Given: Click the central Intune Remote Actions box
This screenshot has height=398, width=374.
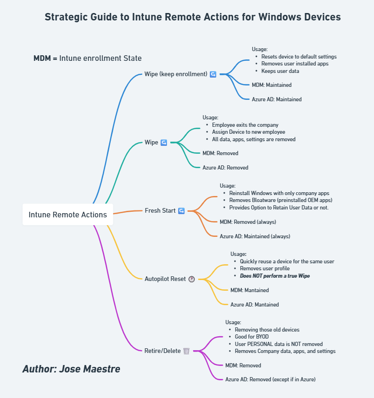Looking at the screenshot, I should coord(68,215).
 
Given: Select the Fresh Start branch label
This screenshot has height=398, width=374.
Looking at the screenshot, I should coord(160,210).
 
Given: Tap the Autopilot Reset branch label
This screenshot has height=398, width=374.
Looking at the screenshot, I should coord(165,279).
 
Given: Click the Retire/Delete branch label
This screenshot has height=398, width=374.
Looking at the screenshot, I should coord(162,351).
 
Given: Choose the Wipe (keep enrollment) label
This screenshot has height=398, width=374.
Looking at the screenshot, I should coord(176,74).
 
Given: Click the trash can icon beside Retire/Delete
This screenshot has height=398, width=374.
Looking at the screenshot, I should coord(187,351).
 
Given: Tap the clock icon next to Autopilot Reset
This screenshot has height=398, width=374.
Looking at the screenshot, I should coord(191,279).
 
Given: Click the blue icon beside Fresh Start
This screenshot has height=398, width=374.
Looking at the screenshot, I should coord(181,211).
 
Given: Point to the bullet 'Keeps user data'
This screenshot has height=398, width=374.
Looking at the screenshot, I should coord(280,71).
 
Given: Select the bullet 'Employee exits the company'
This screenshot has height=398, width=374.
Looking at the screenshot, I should coord(245,125).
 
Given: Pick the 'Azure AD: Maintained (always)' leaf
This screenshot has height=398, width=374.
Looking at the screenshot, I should coord(254,236).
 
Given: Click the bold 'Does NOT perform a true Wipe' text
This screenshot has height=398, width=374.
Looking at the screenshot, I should coord(274,276).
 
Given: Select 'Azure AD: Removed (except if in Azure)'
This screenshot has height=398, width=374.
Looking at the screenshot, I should coord(270,379).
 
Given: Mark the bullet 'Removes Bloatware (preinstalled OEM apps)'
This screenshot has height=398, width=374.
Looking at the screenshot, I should coord(280,200).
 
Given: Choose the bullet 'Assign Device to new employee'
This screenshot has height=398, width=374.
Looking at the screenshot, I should coord(248,132).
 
